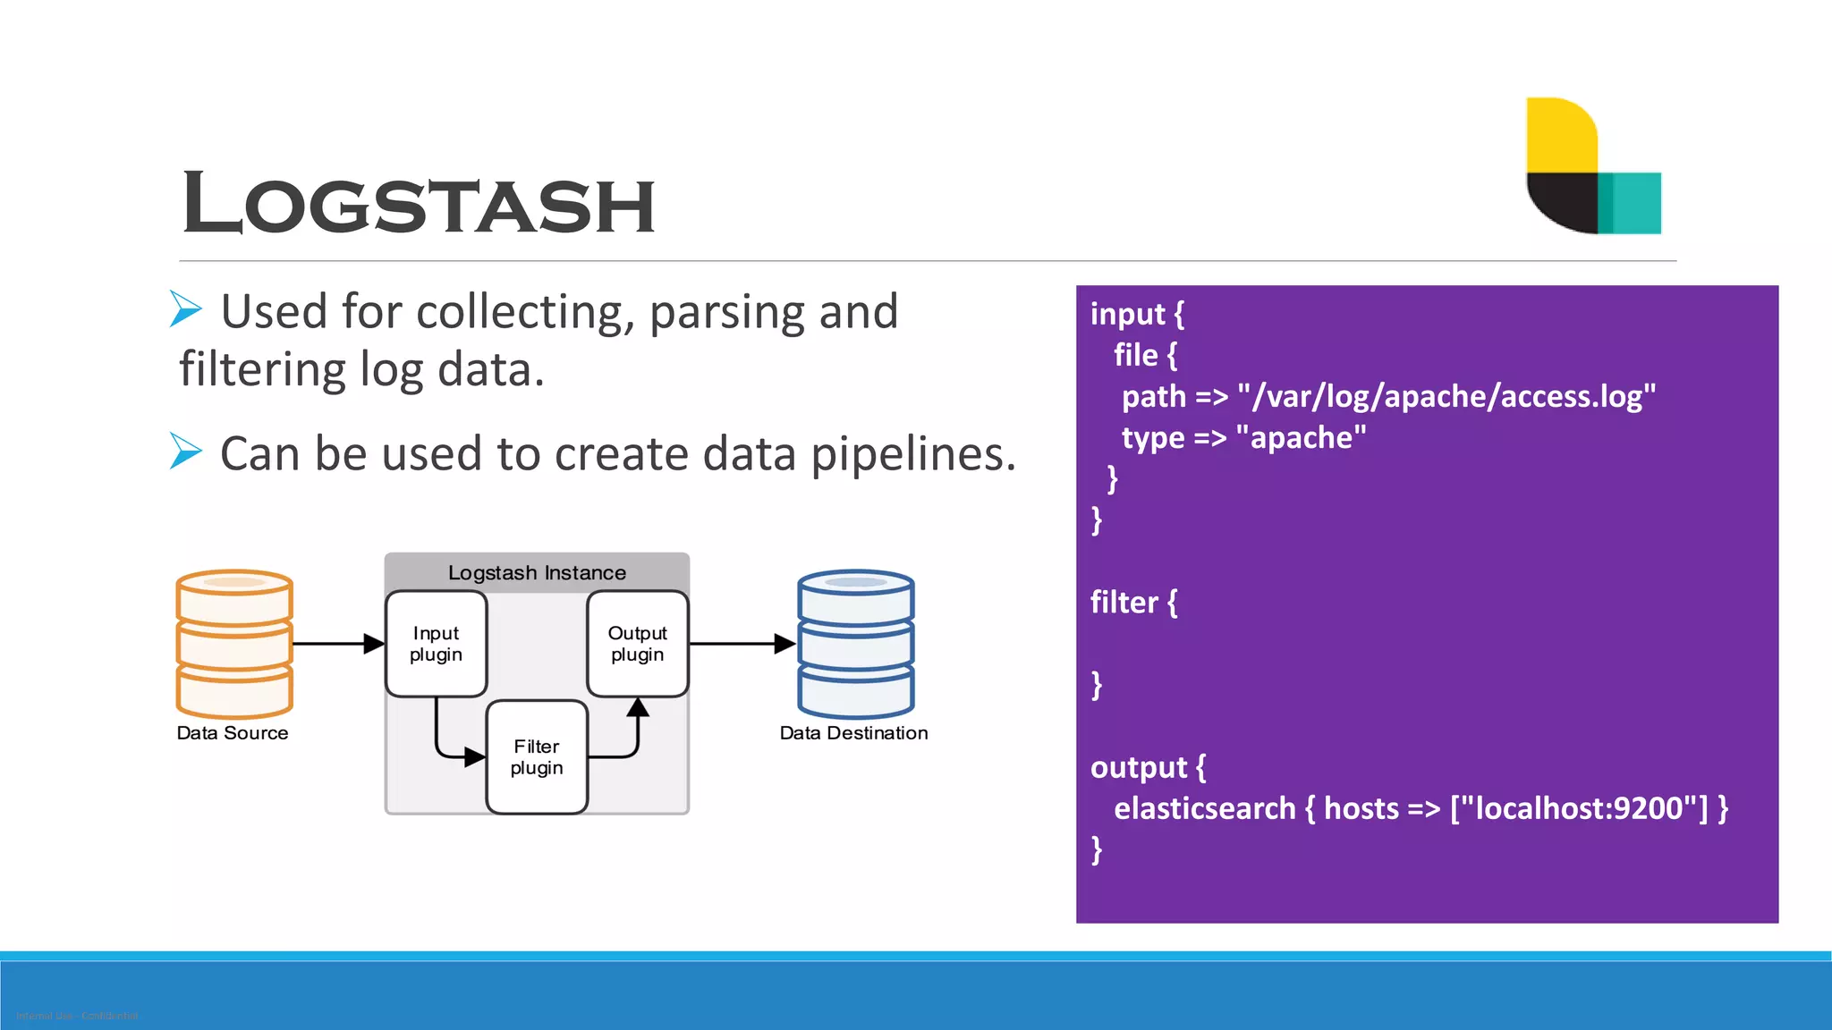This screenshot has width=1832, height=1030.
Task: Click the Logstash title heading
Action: [x=419, y=205]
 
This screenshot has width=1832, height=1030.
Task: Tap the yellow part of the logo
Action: [x=1560, y=134]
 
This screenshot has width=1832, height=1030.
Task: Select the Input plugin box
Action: [x=436, y=644]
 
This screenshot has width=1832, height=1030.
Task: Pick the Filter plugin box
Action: [x=537, y=756]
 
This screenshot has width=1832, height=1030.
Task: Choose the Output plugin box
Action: [x=637, y=644]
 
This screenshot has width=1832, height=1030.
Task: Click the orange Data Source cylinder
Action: [x=234, y=644]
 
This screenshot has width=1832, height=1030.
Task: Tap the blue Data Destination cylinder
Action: [x=855, y=644]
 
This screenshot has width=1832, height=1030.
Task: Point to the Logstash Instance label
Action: [x=537, y=572]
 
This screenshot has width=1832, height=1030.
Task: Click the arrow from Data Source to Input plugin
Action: [x=336, y=644]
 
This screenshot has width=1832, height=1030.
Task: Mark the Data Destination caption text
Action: [x=853, y=733]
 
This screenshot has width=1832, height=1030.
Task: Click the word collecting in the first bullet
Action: [x=526, y=312]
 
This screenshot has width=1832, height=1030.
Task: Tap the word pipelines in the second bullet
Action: [x=912, y=454]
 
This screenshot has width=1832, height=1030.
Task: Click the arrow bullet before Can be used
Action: [x=186, y=451]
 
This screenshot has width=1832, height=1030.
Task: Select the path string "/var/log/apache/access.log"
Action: [x=1446, y=396]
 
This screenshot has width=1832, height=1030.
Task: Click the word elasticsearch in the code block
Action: [x=1204, y=808]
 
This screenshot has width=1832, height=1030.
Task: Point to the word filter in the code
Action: [x=1124, y=603]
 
